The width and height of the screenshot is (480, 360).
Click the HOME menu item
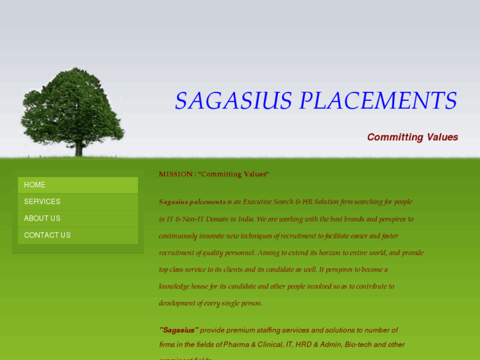[x=35, y=185]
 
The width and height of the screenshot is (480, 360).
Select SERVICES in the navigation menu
[x=42, y=201]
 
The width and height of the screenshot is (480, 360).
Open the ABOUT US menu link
[x=42, y=219]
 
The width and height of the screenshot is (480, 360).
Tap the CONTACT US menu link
[x=48, y=235]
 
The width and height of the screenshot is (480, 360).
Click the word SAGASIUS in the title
[x=233, y=101]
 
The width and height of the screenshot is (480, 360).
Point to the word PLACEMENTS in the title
[x=378, y=101]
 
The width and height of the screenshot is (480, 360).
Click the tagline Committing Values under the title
[x=412, y=137]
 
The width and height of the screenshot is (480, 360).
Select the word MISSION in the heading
[x=176, y=174]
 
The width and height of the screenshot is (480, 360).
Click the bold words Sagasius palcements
[x=192, y=202]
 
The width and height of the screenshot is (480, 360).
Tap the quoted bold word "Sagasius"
[x=178, y=330]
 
